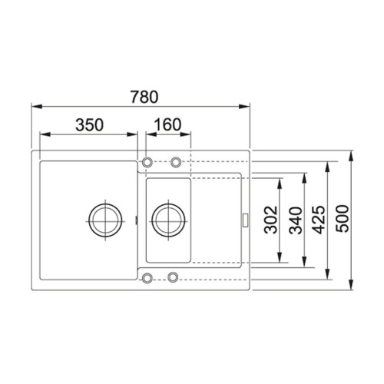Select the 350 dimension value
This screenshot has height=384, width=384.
click(88, 125)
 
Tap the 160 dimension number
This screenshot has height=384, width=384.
click(167, 125)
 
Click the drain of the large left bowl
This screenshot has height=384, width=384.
click(104, 217)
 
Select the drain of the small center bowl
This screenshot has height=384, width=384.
click(167, 218)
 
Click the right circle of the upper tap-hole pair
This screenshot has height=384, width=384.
click(176, 163)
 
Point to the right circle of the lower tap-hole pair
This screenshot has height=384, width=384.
click(174, 276)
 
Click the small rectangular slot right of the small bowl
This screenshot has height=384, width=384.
click(244, 219)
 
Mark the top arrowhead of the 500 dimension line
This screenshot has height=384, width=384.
click(353, 154)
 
